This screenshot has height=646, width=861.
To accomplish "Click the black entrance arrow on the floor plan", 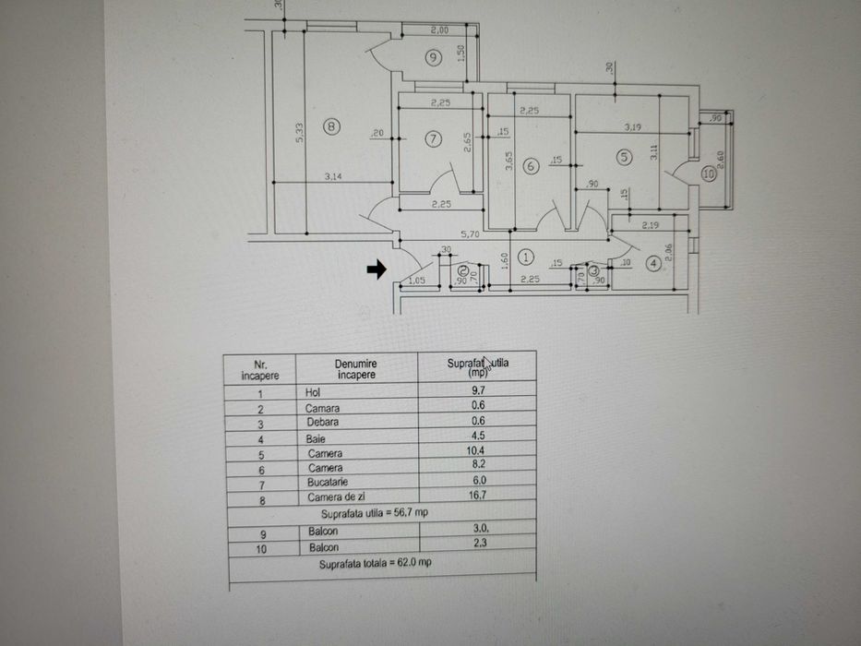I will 376,269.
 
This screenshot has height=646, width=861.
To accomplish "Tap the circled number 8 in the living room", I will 332,126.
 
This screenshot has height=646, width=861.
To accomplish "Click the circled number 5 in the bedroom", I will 624,157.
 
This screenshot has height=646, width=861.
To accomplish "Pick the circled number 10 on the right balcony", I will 709,173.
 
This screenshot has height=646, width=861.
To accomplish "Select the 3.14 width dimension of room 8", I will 334,176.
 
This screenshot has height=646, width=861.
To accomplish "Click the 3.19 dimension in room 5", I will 633,126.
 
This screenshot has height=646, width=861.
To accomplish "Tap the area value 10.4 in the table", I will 479,452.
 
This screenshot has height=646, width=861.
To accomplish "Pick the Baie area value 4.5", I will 478,437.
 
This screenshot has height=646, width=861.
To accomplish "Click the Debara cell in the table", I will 322,423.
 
